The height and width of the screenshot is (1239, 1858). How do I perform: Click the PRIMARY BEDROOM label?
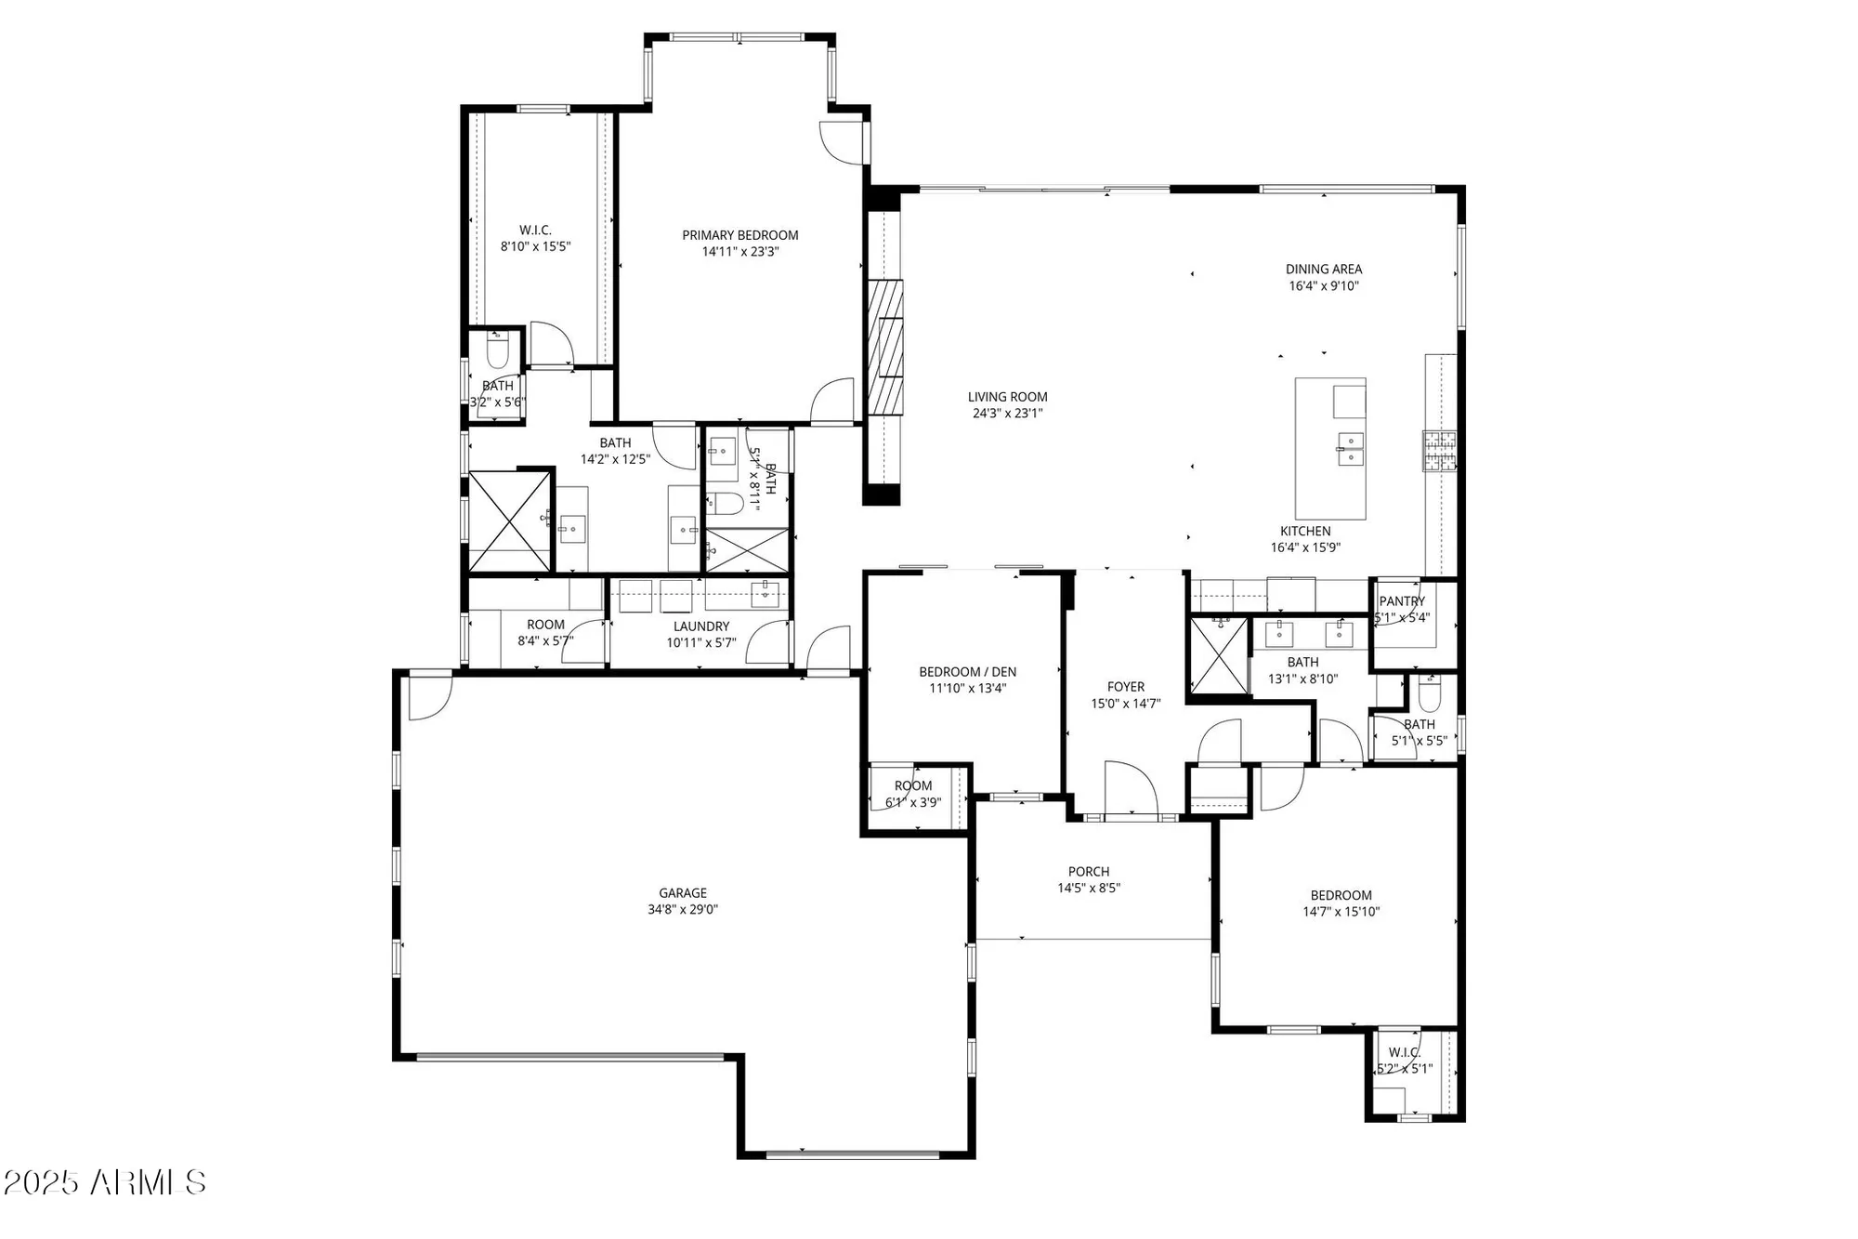[x=740, y=235]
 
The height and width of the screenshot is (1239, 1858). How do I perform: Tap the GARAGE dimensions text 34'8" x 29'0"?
[x=683, y=909]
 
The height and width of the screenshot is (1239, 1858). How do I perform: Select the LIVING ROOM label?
[x=1007, y=397]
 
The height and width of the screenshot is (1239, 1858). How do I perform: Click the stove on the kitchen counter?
[x=1439, y=452]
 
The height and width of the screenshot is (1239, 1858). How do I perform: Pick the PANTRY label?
[x=1402, y=601]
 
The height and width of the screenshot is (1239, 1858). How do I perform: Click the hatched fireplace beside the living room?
[x=885, y=346]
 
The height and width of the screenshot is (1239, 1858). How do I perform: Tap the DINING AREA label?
[x=1324, y=270]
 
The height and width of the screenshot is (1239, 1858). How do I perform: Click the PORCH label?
[x=1089, y=872]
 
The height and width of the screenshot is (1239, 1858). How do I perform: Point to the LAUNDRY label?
[x=701, y=626]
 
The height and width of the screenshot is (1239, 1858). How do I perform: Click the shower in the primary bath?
[x=509, y=521]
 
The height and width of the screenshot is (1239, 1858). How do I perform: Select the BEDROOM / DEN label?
[x=967, y=672]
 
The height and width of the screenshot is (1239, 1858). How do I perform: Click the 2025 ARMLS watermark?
[x=104, y=1182]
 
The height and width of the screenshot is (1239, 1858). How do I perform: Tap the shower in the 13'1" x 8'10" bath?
[x=1219, y=655]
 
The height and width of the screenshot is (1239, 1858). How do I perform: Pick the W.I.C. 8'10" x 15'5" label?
[x=535, y=231]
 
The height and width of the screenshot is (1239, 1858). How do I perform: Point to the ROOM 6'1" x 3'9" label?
[x=913, y=786]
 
